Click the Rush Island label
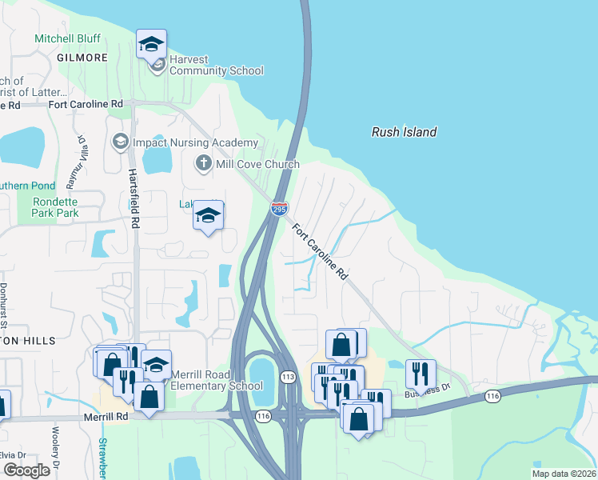click(x=405, y=132)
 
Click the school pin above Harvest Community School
click(x=151, y=46)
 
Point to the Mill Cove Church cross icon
click(x=204, y=164)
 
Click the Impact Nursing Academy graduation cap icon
click(x=121, y=142)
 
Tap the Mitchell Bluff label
click(x=66, y=38)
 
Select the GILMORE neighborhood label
click(x=82, y=58)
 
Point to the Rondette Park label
click(x=55, y=207)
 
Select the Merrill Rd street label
click(x=106, y=417)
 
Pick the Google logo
click(x=26, y=470)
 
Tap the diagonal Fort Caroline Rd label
click(x=321, y=250)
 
